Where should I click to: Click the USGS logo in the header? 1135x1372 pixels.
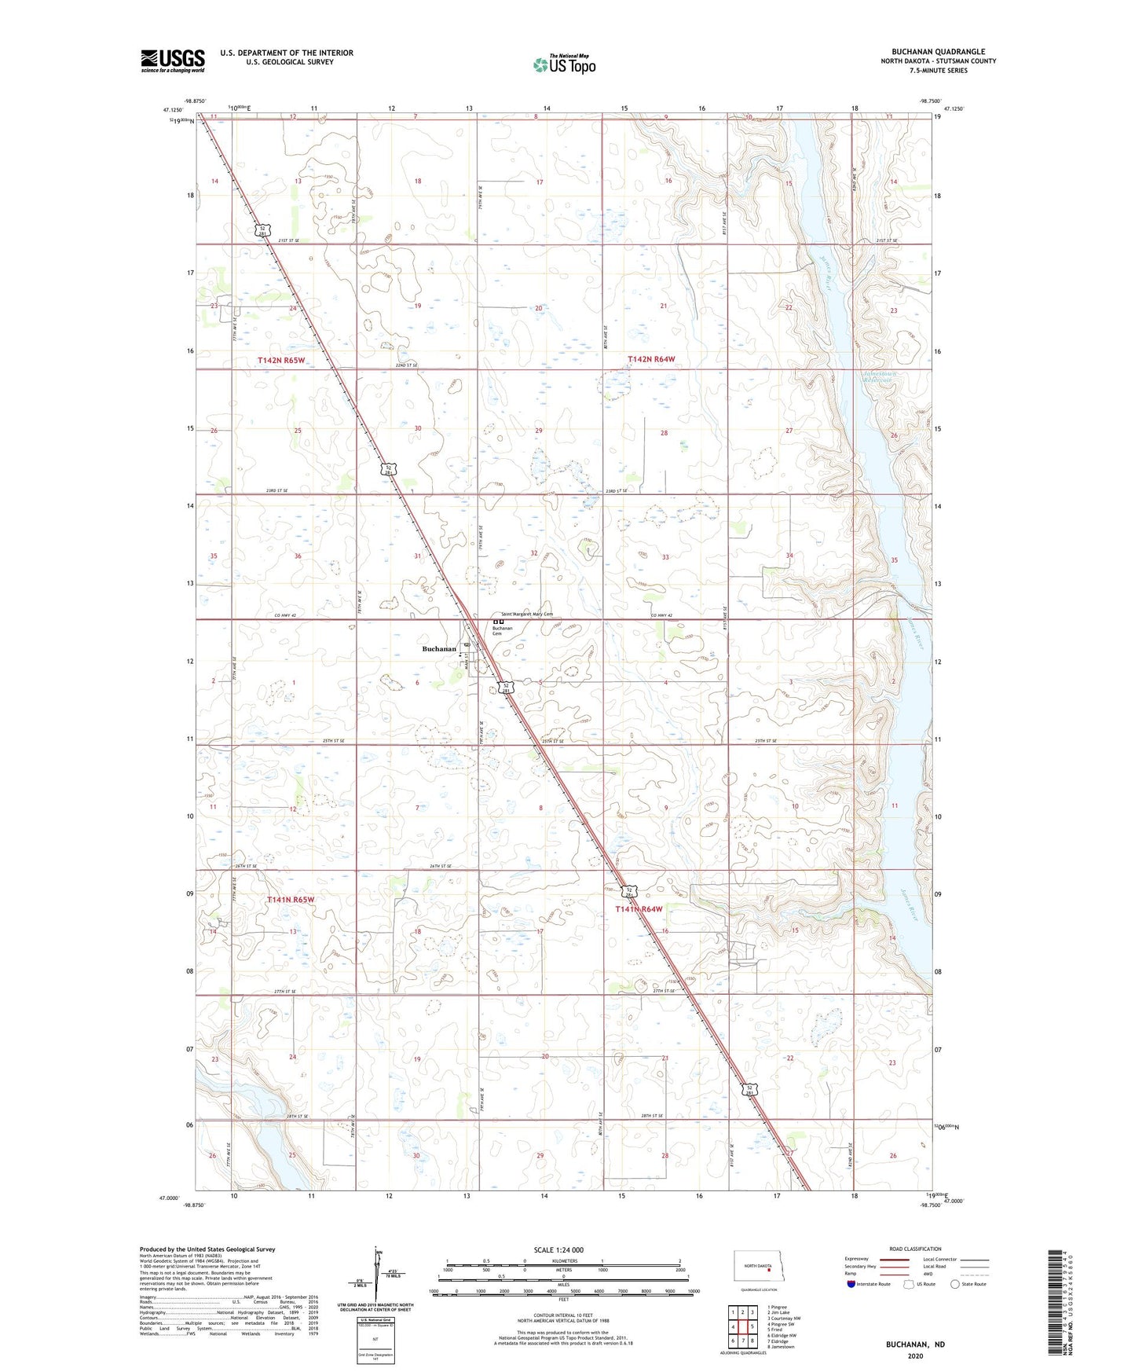[x=172, y=61]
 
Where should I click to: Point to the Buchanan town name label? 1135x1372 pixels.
[x=439, y=649]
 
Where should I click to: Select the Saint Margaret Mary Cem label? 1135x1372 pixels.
[x=522, y=614]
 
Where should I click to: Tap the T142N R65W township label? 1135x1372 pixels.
[x=281, y=360]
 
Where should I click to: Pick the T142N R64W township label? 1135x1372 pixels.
[x=651, y=359]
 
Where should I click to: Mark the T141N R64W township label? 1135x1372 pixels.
[x=639, y=909]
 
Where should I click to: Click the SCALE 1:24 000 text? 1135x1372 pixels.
[x=558, y=1249]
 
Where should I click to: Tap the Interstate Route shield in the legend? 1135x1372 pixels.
[x=851, y=1284]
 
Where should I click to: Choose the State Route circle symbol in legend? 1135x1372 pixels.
[x=955, y=1284]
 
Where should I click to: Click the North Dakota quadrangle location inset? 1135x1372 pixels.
[x=758, y=1269]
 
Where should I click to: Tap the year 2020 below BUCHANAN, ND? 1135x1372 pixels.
[x=915, y=1356]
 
